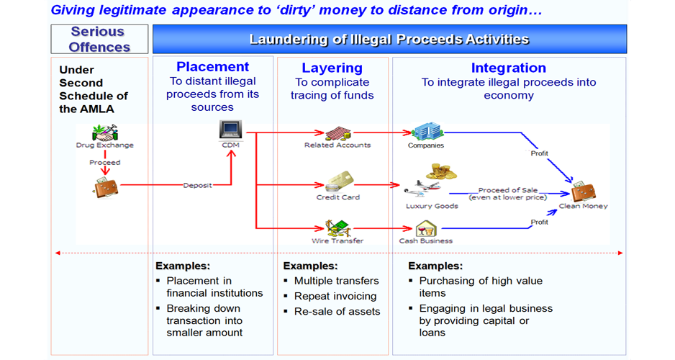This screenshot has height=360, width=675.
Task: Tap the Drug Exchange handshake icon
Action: coord(105,132)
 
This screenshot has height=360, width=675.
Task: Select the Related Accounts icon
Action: coord(337,133)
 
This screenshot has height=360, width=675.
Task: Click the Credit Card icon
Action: coord(337,183)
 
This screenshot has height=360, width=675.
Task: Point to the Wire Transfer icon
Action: coord(337,227)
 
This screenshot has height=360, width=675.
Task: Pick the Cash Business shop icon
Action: coord(426,229)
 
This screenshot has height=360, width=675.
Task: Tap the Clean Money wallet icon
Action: coord(583,192)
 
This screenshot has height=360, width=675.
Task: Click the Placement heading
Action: coord(213,67)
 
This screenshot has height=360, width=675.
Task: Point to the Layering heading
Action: coord(332,68)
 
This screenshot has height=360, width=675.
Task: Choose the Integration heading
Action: coord(508,68)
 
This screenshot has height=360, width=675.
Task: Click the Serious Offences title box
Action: coord(99,40)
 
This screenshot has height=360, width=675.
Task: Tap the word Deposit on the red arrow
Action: coord(197,186)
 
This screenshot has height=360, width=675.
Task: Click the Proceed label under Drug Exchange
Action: coord(105,162)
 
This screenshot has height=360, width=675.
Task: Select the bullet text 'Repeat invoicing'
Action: coord(335,296)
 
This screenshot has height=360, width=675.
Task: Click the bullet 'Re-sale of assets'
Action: coord(337,312)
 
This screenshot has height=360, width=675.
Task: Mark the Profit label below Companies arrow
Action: coord(539,153)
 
